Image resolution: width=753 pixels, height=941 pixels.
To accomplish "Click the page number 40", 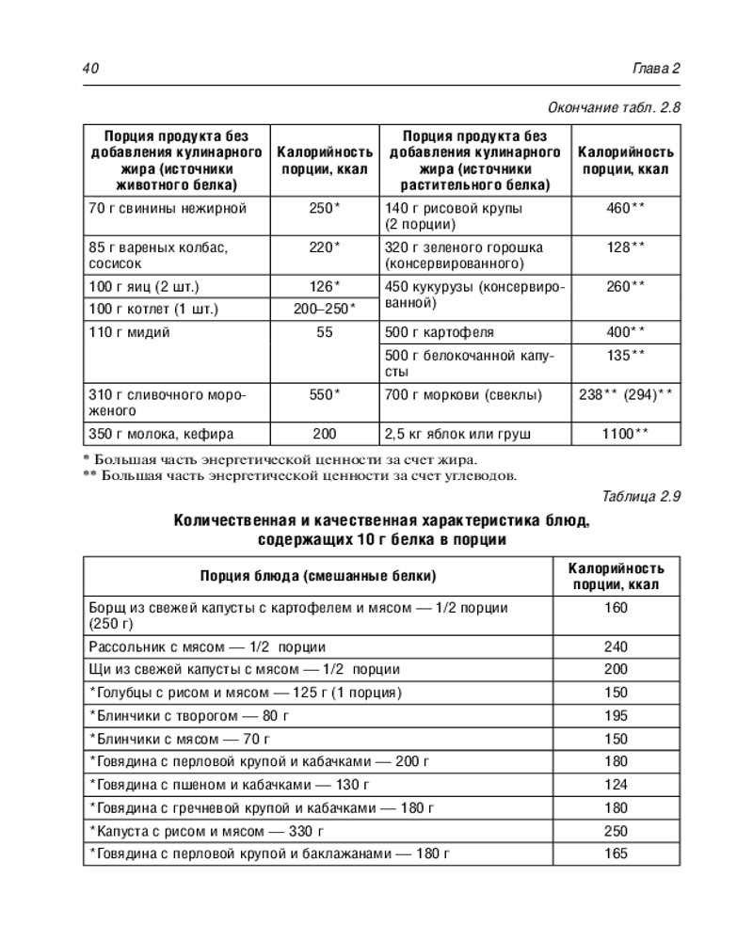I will (x=91, y=69).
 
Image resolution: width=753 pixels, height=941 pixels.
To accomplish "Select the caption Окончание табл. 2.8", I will (x=613, y=107).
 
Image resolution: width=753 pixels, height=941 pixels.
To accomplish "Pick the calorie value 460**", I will (x=625, y=208).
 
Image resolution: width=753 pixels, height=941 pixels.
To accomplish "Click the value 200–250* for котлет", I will (x=326, y=309).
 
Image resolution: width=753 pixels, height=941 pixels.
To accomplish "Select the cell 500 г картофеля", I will (x=439, y=332).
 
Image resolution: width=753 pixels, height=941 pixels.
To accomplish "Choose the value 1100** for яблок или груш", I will (x=625, y=434).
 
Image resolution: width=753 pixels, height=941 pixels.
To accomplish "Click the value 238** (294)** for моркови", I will (x=625, y=395).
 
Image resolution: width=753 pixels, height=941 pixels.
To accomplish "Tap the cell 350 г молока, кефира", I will (x=161, y=434).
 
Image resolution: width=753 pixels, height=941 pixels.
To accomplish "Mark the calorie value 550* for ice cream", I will (x=326, y=395).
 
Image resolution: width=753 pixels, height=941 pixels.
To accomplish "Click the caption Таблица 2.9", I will (x=639, y=496).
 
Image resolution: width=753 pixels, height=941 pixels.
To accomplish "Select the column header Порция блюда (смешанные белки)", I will (x=318, y=576).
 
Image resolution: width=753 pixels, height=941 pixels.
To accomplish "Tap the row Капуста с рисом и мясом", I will (x=205, y=831).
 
